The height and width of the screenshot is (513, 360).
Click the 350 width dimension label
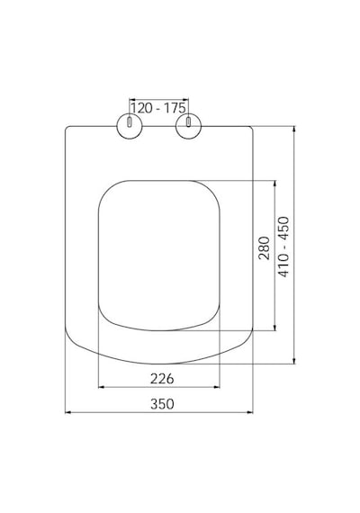point(162,404)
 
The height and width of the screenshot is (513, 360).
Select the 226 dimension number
point(162,379)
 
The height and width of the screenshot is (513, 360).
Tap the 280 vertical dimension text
point(264,248)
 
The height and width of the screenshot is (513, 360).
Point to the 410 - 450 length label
point(283,247)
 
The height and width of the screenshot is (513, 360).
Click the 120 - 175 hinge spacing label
point(158,108)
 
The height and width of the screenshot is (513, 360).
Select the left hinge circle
point(130,139)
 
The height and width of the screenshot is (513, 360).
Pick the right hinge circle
point(188,139)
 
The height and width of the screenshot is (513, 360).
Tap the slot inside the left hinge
point(130,122)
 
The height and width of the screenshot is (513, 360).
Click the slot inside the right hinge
point(188,122)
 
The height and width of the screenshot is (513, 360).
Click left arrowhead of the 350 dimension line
point(68,412)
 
